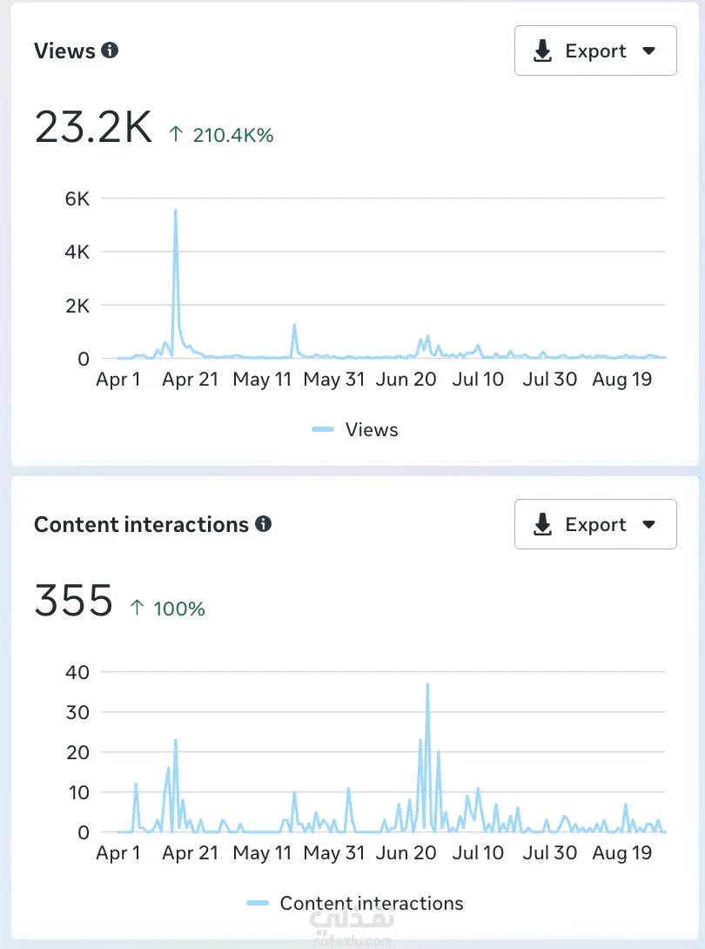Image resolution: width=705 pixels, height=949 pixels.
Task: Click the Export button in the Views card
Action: (x=595, y=51)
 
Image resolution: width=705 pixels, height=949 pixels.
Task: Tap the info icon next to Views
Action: (x=110, y=50)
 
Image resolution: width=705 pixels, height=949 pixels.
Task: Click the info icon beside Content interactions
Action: (x=263, y=524)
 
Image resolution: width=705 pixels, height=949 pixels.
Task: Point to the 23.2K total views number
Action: (x=93, y=128)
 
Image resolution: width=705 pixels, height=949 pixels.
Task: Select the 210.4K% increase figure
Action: (x=232, y=135)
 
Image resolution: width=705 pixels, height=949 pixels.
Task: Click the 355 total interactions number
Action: (x=74, y=602)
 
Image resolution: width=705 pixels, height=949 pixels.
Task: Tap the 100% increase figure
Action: (x=178, y=609)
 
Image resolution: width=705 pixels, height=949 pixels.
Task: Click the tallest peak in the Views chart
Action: (x=176, y=211)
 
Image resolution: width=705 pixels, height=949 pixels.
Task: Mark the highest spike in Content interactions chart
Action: (x=427, y=685)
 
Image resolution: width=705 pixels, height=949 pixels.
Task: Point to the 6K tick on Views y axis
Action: (x=77, y=199)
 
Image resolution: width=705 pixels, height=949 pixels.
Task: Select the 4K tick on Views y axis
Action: (x=77, y=252)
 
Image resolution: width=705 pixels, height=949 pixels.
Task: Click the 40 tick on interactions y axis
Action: (x=77, y=672)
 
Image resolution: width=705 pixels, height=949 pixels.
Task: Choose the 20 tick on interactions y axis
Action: (x=77, y=752)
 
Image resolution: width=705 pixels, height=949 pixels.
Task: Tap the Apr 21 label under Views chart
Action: (x=191, y=380)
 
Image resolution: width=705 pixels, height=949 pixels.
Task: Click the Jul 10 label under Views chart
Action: (x=478, y=380)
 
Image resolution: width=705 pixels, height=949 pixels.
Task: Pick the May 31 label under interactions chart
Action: (x=334, y=853)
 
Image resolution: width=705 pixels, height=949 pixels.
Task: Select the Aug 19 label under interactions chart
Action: (x=621, y=853)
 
